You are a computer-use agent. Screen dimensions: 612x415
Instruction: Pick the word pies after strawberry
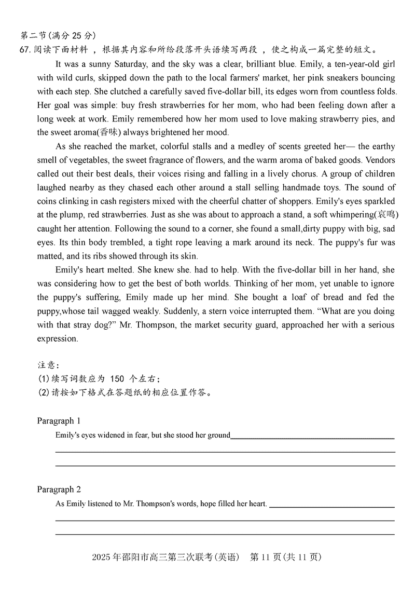366,119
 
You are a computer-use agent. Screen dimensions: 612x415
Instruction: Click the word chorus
300,173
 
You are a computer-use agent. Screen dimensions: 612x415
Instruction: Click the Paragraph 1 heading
59,420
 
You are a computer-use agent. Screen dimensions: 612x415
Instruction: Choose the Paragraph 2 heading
59,489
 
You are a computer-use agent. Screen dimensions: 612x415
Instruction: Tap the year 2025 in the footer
101,557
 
